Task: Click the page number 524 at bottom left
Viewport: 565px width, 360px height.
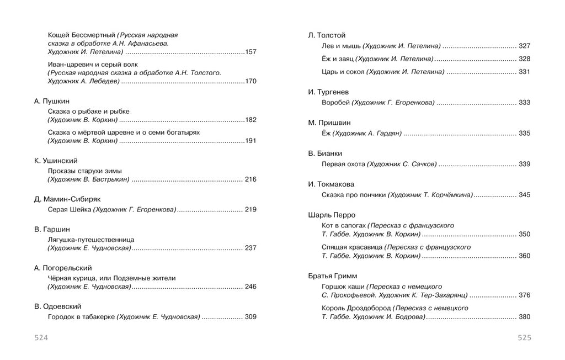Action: (x=41, y=338)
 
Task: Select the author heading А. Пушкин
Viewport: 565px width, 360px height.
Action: (x=51, y=101)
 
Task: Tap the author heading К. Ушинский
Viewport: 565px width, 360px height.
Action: (x=55, y=161)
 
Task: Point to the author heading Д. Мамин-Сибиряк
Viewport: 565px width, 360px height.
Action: (x=67, y=199)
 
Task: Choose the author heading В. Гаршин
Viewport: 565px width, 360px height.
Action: (x=52, y=229)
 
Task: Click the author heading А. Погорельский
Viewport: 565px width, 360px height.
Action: (x=63, y=268)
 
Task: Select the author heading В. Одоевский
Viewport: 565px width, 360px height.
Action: (x=58, y=306)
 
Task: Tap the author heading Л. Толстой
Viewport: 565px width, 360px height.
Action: (x=327, y=35)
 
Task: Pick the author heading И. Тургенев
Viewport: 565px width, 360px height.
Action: (x=328, y=92)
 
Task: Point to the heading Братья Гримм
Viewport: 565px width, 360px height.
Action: (x=333, y=276)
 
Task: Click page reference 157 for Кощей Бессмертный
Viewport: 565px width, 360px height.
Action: (x=251, y=52)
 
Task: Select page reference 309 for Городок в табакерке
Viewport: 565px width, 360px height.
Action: (x=250, y=317)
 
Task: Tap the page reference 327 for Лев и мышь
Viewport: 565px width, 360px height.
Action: (x=524, y=46)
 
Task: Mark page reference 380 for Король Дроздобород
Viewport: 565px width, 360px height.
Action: (x=524, y=317)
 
